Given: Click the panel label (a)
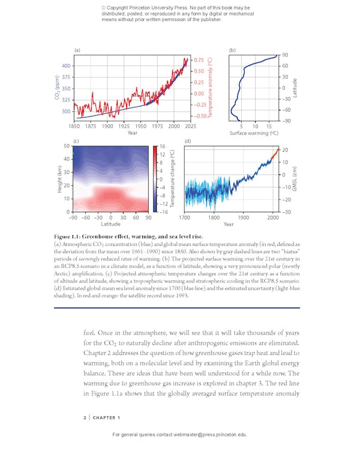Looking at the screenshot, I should coord(77,49).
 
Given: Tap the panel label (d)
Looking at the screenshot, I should coord(187,141).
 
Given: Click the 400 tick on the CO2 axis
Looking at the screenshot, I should coord(66,66).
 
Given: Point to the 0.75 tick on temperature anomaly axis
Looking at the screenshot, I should coord(199,60).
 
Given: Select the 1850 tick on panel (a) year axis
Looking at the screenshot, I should coord(74,127).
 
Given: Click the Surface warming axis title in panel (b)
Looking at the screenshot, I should coord(254,134).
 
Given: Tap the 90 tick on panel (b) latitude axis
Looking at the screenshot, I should coord(285,55).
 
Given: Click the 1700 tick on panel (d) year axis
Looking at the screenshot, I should coord(184,218).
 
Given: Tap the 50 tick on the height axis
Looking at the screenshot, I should coord(65,146).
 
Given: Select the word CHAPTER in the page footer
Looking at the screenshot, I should coord(107,417).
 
